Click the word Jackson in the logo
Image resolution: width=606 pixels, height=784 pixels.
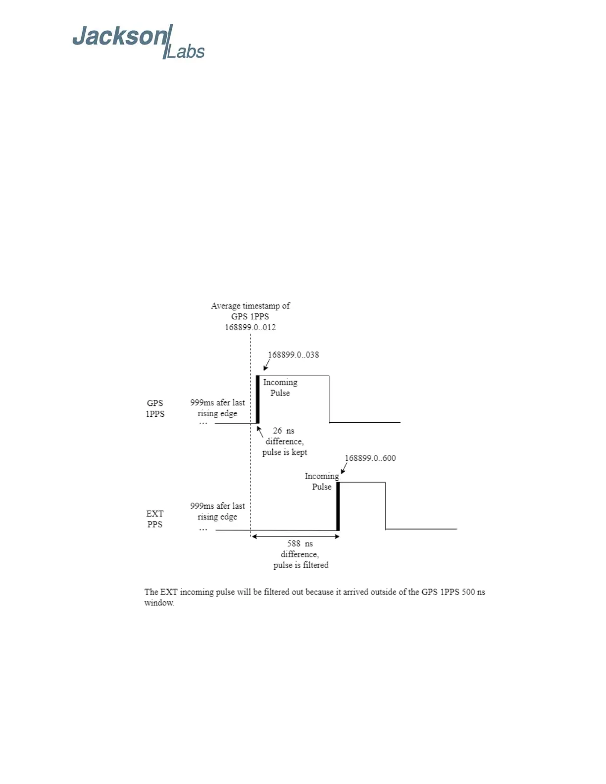pos(120,37)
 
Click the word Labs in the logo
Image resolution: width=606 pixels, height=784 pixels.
pos(185,52)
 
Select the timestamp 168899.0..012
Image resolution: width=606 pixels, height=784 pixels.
pos(250,327)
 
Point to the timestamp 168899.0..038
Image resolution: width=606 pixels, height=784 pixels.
pos(293,355)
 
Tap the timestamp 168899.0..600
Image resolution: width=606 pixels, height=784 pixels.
pos(370,458)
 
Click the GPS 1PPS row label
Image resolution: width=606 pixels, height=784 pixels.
pos(155,408)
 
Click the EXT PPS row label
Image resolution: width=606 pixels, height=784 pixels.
pos(154,519)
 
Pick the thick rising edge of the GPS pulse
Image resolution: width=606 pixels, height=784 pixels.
pos(257,399)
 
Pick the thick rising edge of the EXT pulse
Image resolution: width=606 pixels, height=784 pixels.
pos(338,506)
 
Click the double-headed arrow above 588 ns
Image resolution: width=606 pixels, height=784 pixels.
pos(295,537)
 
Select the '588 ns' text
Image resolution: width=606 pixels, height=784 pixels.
pos(300,543)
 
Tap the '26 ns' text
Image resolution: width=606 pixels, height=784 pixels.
pos(284,431)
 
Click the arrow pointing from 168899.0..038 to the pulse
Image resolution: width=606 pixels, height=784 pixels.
pos(266,365)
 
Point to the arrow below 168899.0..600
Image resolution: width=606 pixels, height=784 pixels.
pos(344,468)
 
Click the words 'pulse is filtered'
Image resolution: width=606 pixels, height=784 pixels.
pos(301,565)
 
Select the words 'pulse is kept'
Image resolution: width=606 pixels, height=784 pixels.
pos(285,452)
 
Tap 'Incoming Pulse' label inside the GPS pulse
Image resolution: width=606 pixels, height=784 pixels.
pos(280,388)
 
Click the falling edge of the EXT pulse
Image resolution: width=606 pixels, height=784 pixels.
pos(386,506)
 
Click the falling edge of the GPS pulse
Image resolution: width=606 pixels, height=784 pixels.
pos(329,399)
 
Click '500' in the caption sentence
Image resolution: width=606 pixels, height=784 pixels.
pos(468,592)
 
